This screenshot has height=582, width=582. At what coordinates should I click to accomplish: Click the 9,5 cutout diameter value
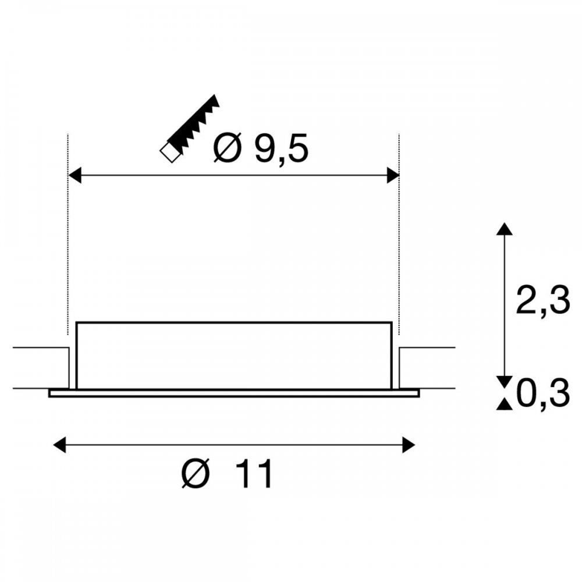[x=281, y=149]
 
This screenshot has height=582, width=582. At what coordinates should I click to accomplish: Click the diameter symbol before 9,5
[x=227, y=148]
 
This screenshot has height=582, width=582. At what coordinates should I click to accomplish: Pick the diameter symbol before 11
[x=196, y=474]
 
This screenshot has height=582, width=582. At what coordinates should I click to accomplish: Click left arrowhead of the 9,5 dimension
[x=75, y=175]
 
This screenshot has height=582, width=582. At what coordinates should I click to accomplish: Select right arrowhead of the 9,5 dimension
[x=393, y=175]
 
